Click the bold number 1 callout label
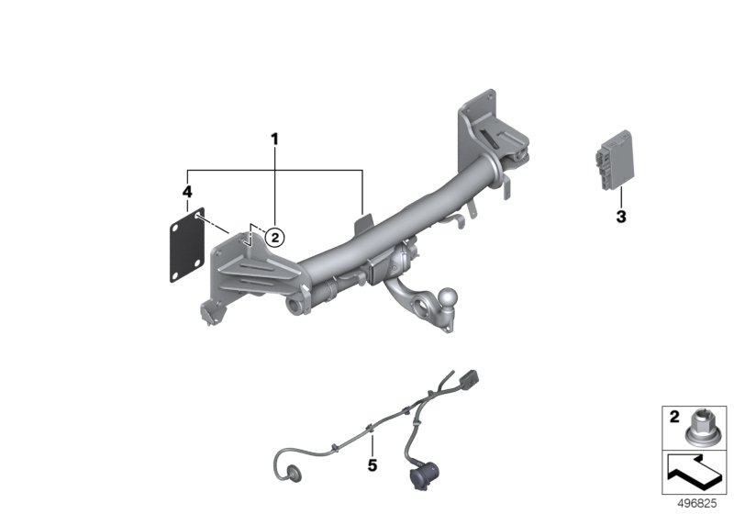[x=274, y=139]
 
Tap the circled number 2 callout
[x=274, y=238]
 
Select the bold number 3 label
[x=621, y=217]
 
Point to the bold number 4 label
[x=187, y=192]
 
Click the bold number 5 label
[x=373, y=465]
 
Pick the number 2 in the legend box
[x=674, y=417]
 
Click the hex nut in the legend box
[x=701, y=427]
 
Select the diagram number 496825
[x=697, y=503]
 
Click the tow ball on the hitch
[x=449, y=296]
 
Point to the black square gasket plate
[x=187, y=245]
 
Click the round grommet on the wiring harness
[x=294, y=473]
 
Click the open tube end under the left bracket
[x=294, y=307]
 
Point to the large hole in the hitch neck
[x=420, y=307]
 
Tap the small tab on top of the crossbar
[x=364, y=223]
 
